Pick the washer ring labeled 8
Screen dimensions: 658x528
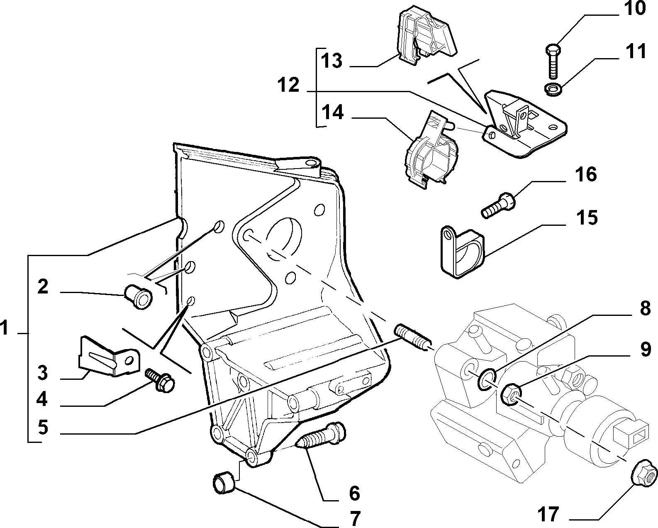487,380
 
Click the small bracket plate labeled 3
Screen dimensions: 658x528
109,357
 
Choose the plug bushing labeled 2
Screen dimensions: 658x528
139,296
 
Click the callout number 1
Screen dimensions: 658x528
4,328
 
